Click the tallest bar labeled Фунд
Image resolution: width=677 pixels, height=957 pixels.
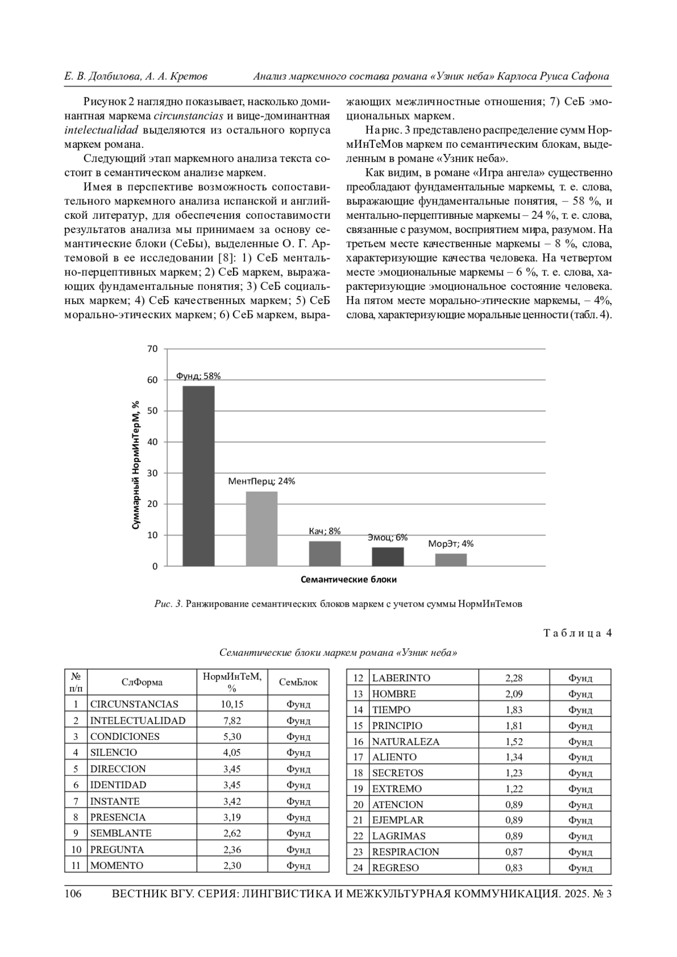pos(198,475)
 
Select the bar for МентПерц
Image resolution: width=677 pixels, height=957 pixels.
pos(261,528)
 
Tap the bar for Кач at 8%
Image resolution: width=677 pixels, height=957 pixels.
pos(324,553)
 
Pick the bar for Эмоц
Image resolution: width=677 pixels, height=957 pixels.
pos(388,556)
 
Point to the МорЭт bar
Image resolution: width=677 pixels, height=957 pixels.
pos(451,559)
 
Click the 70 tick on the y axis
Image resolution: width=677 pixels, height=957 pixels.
pos(153,349)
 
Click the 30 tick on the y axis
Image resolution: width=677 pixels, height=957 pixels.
pos(153,473)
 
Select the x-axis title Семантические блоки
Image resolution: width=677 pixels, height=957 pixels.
pos(348,579)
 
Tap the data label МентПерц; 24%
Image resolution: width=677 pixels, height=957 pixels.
pos(261,481)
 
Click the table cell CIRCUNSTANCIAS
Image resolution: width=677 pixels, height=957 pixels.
pos(134,704)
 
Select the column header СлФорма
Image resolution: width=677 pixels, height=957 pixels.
pos(142,682)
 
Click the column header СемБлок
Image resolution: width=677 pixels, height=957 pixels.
pos(298,682)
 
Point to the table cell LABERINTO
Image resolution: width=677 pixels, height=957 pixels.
pos(401,678)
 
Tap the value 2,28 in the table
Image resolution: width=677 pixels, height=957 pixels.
pos(514,678)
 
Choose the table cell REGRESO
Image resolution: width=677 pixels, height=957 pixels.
pos(395,868)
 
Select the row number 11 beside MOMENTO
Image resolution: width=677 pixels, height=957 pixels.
pos(76,865)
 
